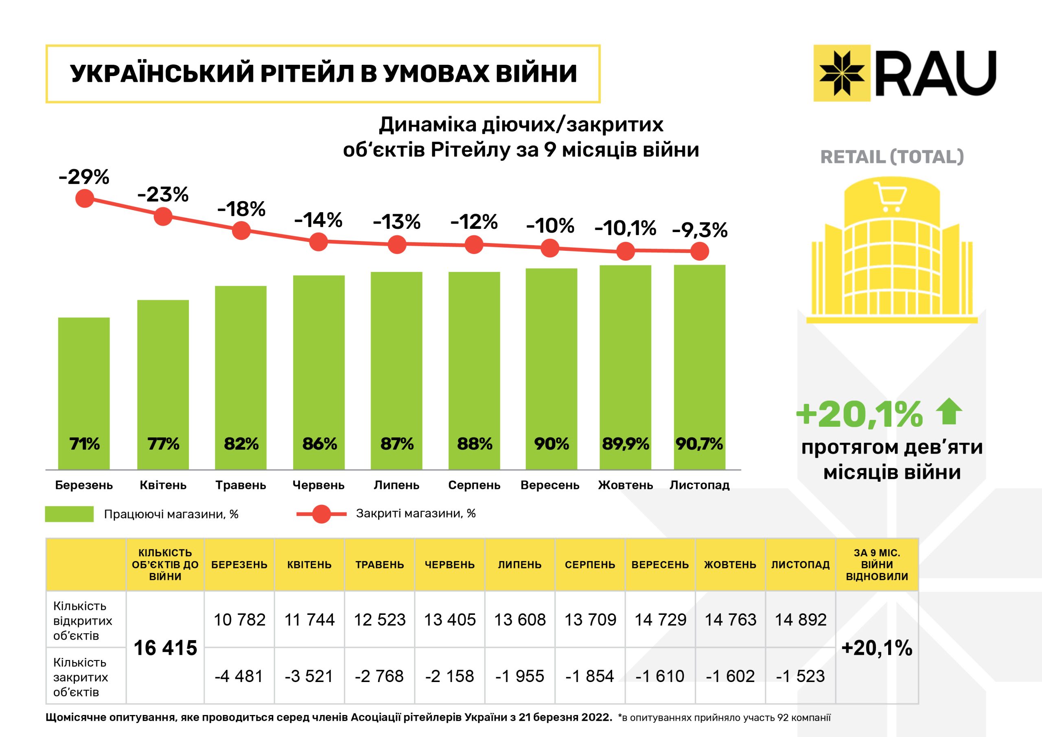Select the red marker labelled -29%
[85, 198]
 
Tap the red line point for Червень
[319, 242]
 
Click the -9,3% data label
[699, 230]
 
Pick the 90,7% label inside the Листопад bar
[699, 444]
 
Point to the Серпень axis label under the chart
[474, 485]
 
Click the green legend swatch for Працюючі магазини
[70, 514]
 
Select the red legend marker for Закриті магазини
[322, 514]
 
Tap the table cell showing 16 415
[165, 647]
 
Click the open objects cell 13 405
[450, 619]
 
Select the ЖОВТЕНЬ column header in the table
[730, 564]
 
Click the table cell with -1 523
[801, 676]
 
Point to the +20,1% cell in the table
[877, 647]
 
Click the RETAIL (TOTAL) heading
[892, 157]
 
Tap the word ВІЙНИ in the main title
[536, 74]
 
